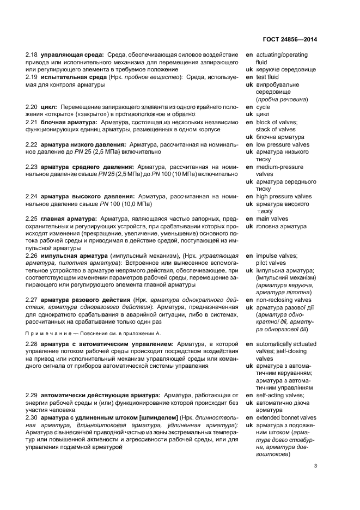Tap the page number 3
click(x=316, y=465)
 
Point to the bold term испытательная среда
click(x=73, y=77)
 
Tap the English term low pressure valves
click(x=285, y=145)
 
